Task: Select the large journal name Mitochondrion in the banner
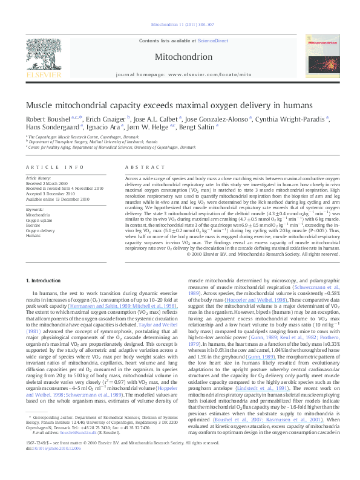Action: (x=180, y=58)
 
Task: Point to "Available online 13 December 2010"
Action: (x=56, y=198)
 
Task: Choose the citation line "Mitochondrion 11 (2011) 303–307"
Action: (x=180, y=25)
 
